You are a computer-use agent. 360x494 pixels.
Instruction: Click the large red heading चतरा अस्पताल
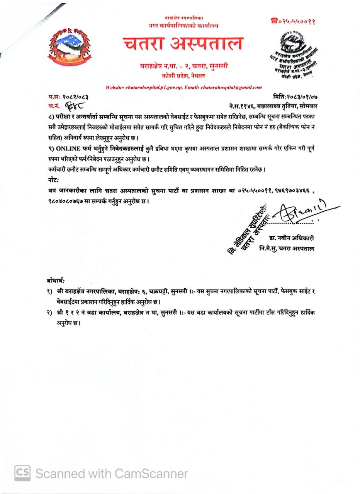point(183,44)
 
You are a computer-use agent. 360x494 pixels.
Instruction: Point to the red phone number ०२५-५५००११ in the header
point(293,21)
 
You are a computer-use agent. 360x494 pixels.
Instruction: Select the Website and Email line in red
point(183,88)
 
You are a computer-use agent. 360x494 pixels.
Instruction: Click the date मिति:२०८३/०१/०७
point(295,97)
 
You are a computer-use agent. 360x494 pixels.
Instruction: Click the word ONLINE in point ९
point(68,148)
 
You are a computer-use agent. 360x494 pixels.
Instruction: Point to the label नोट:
point(54,180)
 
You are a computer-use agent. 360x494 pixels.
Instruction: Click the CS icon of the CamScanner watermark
point(22,473)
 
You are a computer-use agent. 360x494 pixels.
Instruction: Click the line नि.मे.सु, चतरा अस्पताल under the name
point(287,249)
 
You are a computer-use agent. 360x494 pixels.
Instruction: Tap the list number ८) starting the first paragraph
point(51,116)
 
